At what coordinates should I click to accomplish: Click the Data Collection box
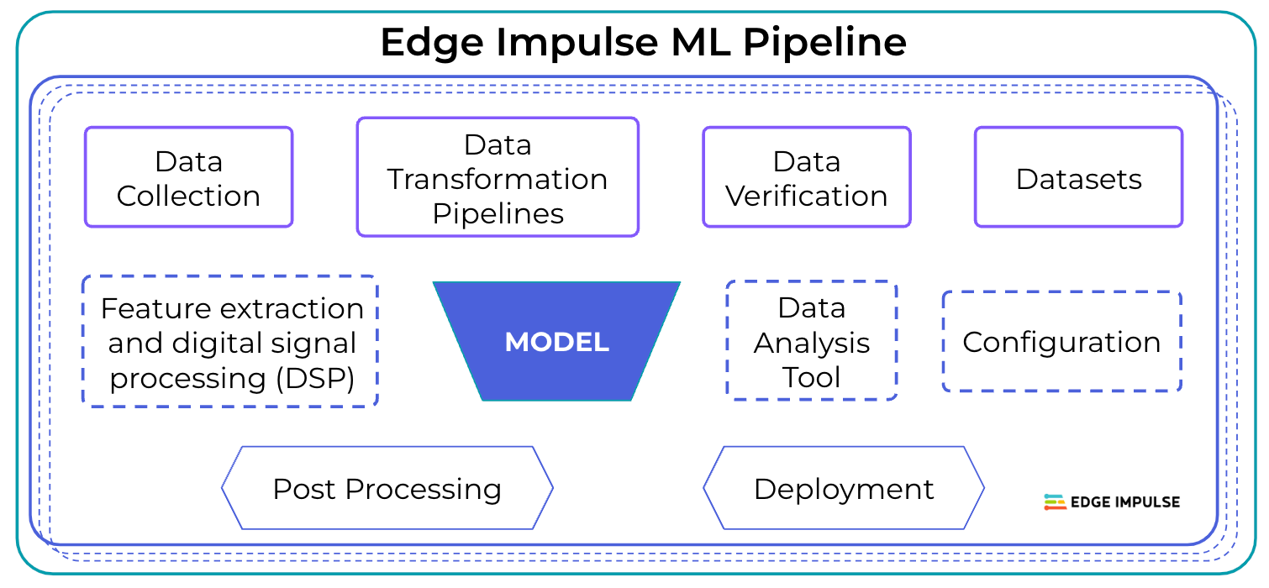[188, 177]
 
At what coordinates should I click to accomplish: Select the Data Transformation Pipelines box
[498, 177]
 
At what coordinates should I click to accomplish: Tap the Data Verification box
[807, 177]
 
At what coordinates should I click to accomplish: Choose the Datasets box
[1078, 178]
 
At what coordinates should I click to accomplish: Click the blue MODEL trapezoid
[556, 342]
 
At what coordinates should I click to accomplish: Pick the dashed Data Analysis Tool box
[812, 341]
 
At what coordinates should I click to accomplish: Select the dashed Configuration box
[1061, 342]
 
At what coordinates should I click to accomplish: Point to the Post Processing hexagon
[387, 488]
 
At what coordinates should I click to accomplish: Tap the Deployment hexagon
[843, 488]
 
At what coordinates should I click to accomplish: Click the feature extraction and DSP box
[230, 342]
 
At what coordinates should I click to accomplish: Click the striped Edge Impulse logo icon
[1055, 502]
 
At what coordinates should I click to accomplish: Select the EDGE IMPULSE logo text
[1125, 502]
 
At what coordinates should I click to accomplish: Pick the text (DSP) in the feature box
[315, 378]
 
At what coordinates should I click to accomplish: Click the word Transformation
[498, 179]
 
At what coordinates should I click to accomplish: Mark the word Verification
[807, 196]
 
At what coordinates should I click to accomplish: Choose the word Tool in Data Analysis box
[812, 377]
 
